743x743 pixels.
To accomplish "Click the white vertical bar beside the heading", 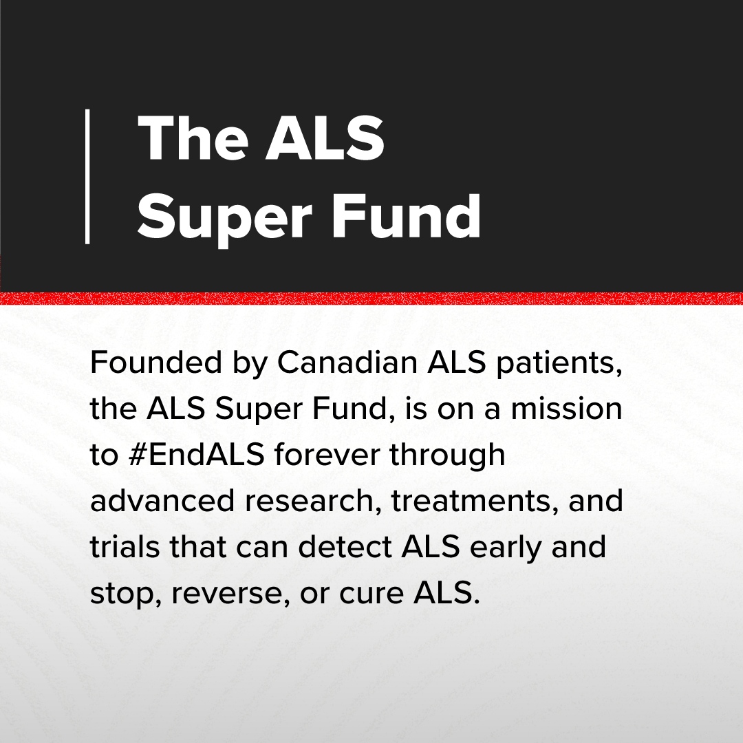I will point(87,176).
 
